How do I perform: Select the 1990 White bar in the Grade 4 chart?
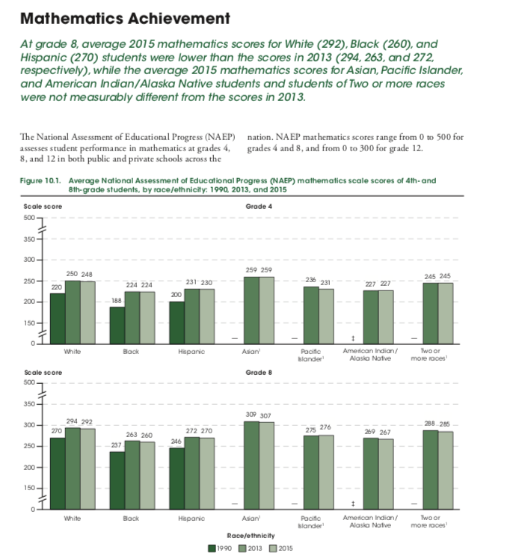tap(57, 317)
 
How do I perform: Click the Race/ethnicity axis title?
tap(251, 536)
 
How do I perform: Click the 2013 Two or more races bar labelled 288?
tap(430, 468)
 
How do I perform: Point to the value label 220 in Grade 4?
tap(56, 287)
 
